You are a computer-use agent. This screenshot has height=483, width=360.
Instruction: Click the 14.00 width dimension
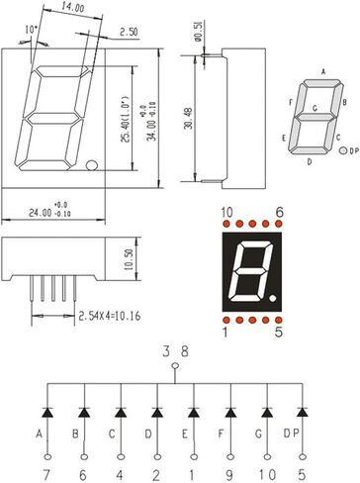72,8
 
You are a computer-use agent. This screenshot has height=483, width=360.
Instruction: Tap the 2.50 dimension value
128,33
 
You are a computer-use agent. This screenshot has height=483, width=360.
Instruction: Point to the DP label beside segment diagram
353,152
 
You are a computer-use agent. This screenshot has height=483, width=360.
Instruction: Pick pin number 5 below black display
279,334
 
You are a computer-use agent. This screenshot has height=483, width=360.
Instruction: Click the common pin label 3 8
174,348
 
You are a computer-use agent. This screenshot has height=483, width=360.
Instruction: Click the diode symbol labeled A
45,410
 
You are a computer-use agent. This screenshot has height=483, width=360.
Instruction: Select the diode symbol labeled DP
305,410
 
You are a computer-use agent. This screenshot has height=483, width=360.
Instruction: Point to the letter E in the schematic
186,434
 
